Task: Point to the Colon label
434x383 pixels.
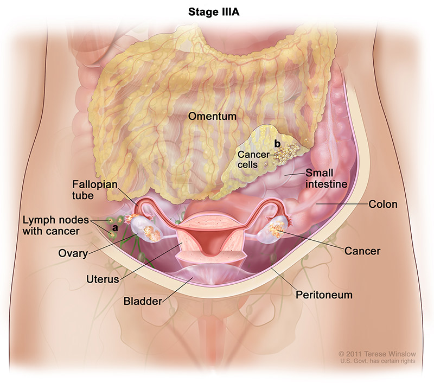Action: [382, 205]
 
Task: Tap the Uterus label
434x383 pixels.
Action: [102, 278]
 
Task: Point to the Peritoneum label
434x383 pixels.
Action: [324, 295]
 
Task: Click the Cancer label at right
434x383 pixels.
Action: [362, 251]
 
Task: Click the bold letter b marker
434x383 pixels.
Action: [278, 144]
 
